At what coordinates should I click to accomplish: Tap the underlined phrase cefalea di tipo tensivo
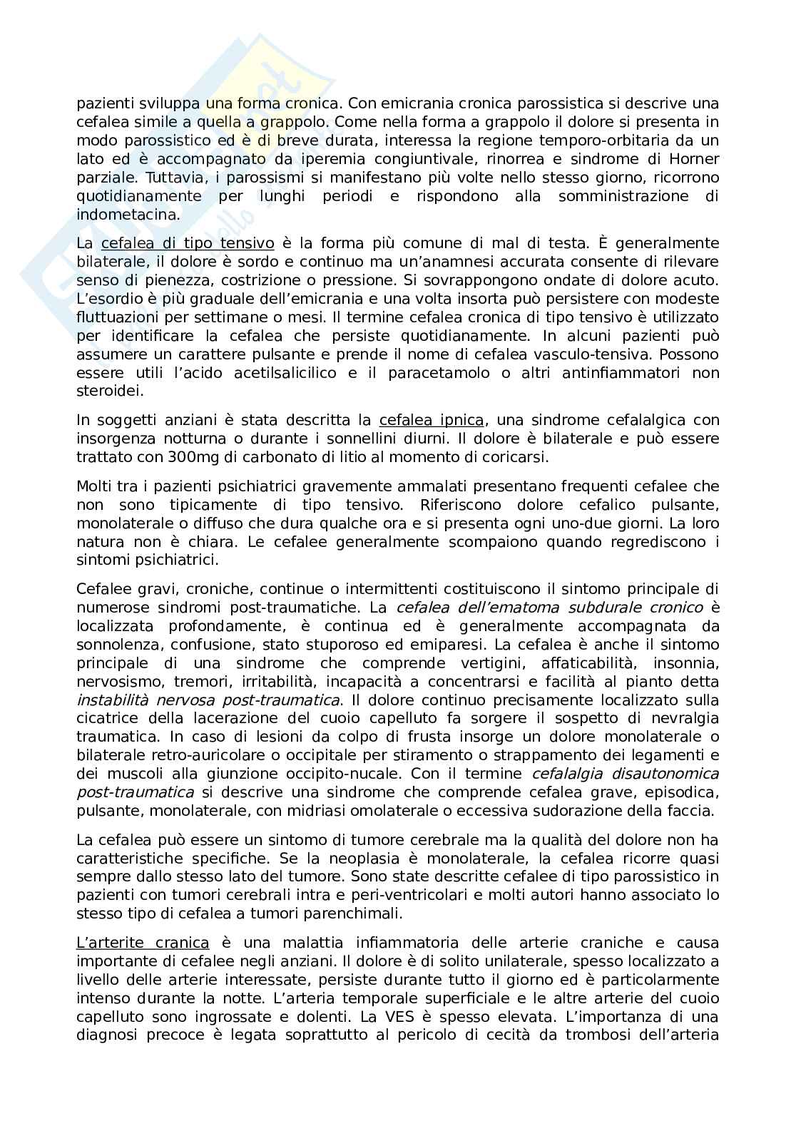188,243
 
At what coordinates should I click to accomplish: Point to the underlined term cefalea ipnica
432,419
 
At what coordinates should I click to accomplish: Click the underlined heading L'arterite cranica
143,942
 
